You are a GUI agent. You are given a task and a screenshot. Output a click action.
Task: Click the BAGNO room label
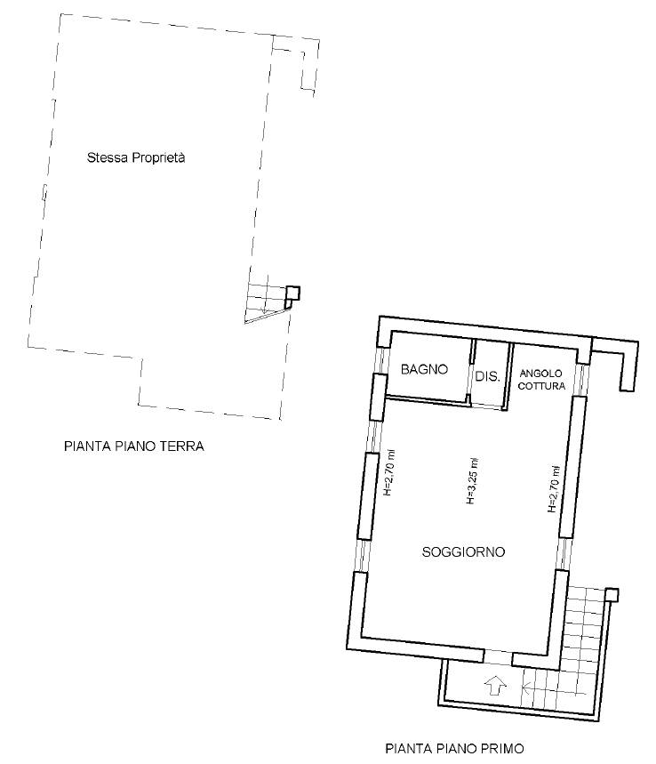[x=424, y=369]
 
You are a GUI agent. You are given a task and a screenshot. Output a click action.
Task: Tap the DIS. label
[x=487, y=376]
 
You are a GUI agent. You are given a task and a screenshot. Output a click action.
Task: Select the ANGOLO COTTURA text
[x=541, y=380]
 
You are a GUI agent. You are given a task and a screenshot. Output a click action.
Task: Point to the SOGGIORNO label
[x=463, y=552]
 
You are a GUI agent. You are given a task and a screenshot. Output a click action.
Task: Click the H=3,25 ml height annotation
[x=471, y=481]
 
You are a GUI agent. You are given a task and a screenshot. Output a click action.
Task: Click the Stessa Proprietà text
[x=136, y=157]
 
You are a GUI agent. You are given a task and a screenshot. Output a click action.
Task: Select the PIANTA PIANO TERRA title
[x=134, y=446]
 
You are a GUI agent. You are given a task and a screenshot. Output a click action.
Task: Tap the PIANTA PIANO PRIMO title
[x=455, y=748]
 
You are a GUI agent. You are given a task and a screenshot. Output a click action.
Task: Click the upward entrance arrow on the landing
[x=495, y=686]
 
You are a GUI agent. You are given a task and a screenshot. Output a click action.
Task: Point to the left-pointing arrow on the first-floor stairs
[x=553, y=688]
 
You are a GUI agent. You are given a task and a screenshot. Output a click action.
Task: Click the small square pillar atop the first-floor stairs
[x=612, y=595]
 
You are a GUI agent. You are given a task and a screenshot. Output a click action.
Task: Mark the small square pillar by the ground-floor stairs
[x=292, y=293]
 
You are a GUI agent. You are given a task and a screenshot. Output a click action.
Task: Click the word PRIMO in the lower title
[x=502, y=748]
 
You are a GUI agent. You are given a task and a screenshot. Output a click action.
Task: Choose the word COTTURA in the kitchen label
[x=541, y=386]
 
